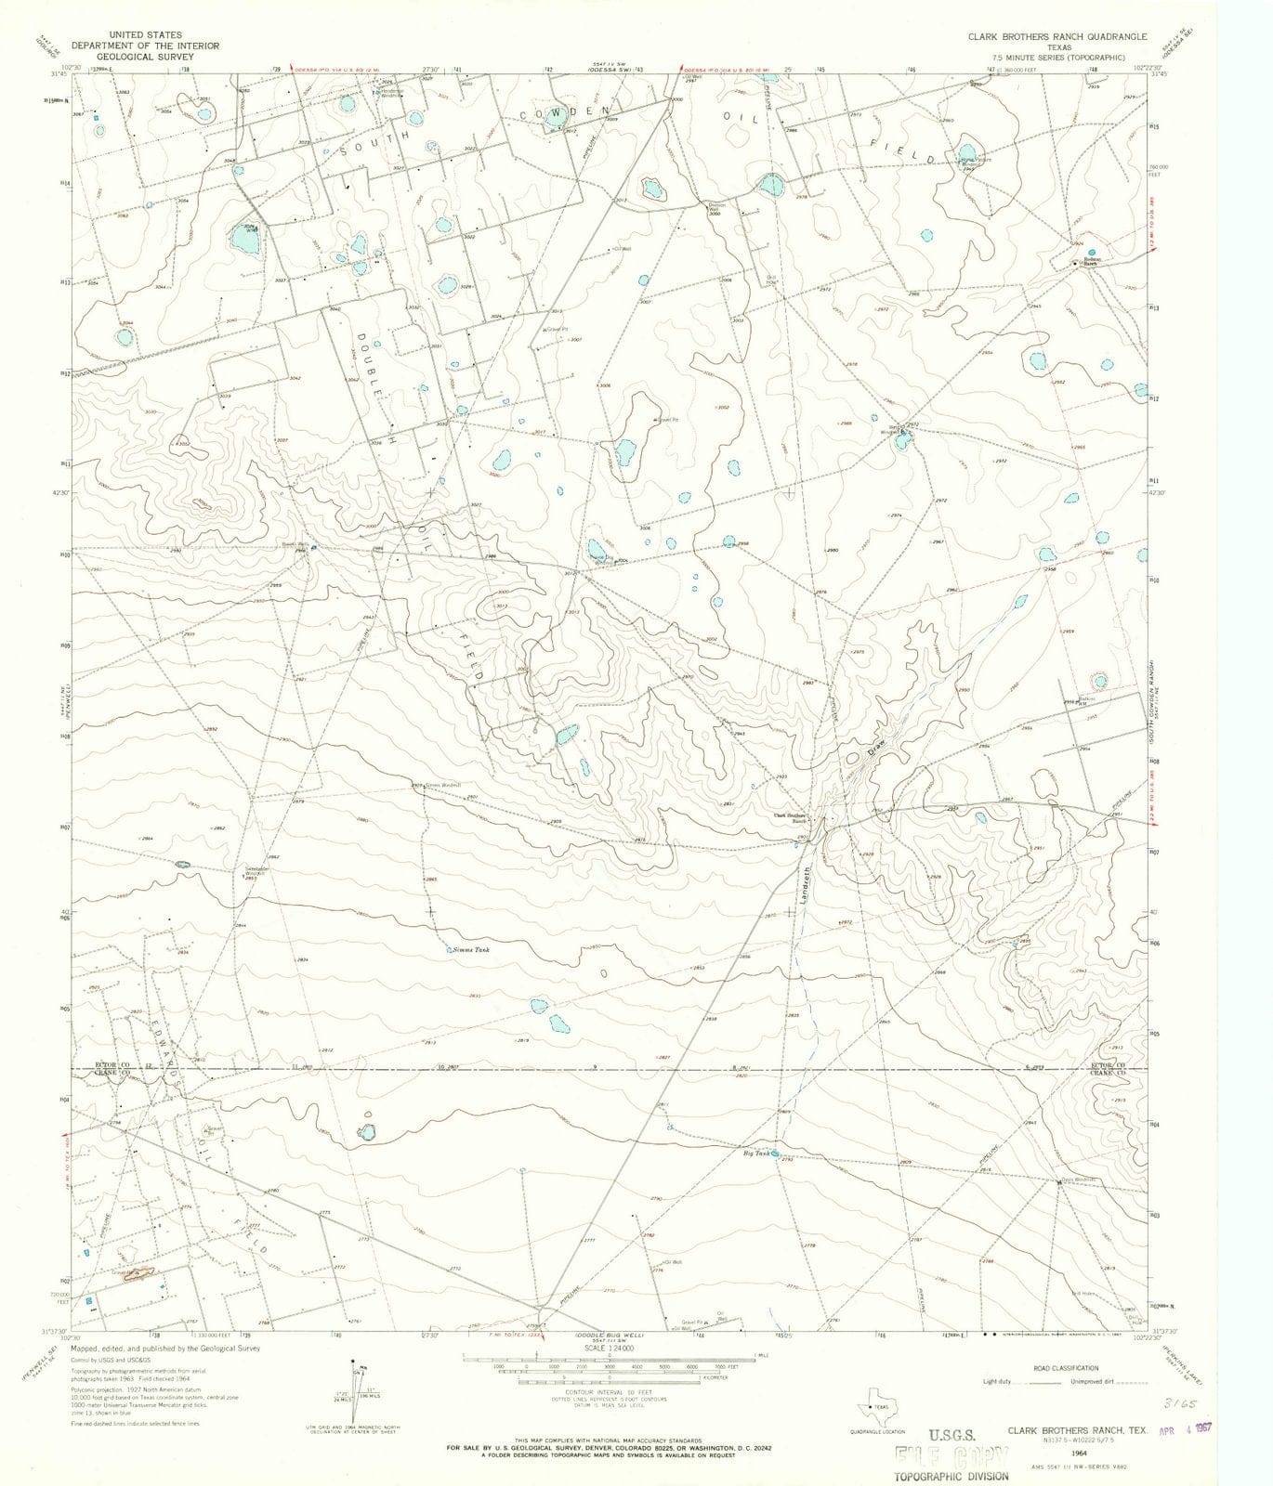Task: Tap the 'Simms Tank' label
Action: pyautogui.click(x=471, y=950)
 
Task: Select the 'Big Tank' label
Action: pyautogui.click(x=755, y=1154)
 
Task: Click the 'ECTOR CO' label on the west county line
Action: pyautogui.click(x=112, y=1064)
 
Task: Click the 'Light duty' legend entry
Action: pyautogui.click(x=1000, y=1381)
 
